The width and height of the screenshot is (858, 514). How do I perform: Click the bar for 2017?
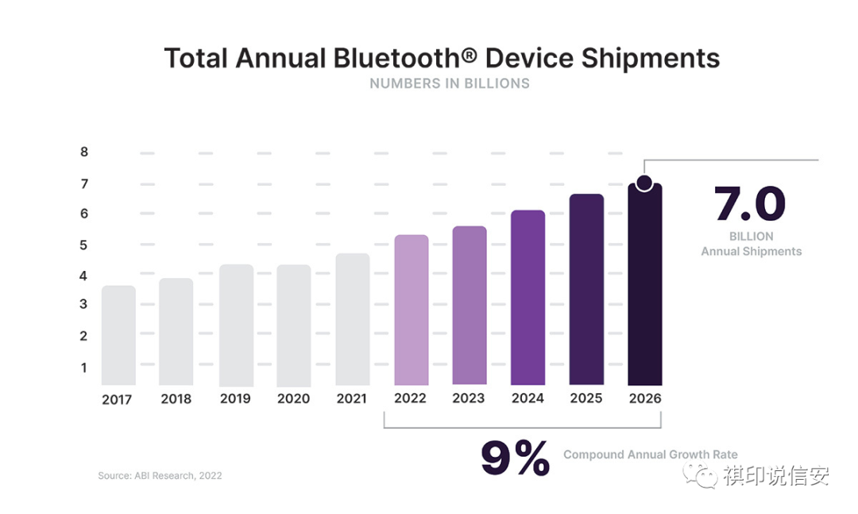118,335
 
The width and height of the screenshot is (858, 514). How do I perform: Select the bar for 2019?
236,325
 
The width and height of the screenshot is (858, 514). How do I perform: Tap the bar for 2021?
353,319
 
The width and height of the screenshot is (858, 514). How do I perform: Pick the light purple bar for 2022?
412,310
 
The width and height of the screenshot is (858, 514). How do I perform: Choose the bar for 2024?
528,297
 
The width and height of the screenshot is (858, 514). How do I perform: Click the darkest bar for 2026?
644,286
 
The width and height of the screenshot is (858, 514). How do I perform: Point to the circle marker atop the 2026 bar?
644,184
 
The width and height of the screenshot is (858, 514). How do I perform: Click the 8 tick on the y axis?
84,152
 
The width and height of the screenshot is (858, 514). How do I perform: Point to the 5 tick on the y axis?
84,245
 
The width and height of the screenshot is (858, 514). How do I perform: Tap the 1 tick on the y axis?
84,368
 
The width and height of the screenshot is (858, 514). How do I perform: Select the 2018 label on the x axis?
176,399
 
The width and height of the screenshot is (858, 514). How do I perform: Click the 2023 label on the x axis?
469,398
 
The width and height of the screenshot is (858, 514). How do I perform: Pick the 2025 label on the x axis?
586,398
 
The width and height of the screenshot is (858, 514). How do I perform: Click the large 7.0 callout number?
750,205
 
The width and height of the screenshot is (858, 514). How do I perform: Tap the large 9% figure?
515,458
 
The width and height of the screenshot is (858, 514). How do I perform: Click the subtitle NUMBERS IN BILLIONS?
450,83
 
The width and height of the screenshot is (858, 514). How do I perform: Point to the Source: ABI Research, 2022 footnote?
160,476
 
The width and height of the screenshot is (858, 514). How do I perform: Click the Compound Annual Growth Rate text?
651,455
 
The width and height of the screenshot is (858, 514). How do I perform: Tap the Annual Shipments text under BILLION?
751,251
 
